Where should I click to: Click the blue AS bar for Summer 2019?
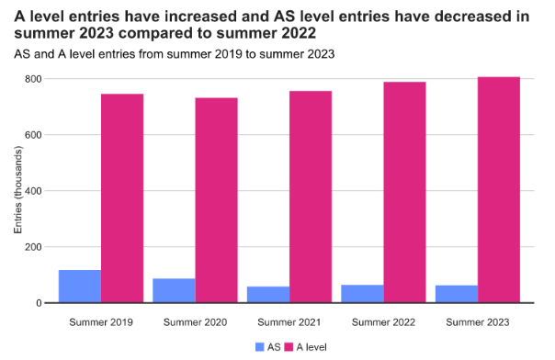point(80,287)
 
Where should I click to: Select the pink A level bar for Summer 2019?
point(122,198)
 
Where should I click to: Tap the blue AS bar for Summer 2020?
point(174,290)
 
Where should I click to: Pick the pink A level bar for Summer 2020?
point(216,200)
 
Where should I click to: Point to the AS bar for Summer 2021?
point(268,295)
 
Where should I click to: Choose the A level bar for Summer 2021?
point(311,197)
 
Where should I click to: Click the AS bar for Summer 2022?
point(362,294)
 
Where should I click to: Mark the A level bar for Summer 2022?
point(404,192)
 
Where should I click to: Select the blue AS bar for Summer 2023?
point(457,294)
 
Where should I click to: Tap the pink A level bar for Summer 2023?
point(499,189)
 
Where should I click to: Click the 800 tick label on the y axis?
point(33,79)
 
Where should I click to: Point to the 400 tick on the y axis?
point(33,191)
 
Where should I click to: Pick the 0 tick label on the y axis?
point(39,303)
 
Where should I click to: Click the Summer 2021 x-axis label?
point(289,322)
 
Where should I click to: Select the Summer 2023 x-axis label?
point(478,322)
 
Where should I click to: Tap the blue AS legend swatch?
point(260,347)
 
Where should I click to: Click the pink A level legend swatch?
point(289,347)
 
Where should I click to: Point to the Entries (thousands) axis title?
point(18,190)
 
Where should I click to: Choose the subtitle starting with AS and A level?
point(175,54)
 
